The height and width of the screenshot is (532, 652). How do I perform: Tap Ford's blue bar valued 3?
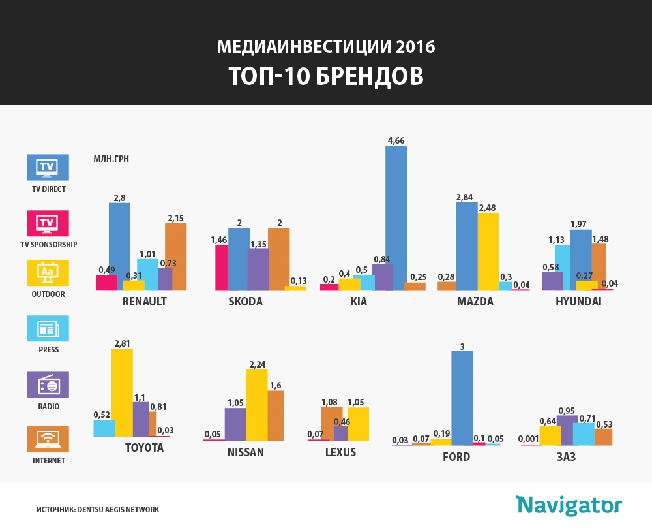point(462,398)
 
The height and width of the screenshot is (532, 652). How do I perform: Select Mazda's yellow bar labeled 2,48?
point(488,251)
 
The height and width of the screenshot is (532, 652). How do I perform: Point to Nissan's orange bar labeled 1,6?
point(276,416)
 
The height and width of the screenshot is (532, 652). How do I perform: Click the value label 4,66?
point(396,140)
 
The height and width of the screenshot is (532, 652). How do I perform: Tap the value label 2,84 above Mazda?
point(466,196)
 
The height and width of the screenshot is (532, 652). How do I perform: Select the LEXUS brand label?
point(340,452)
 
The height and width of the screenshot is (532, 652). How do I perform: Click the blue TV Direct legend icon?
point(47,167)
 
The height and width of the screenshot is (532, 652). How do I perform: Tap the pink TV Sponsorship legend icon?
point(47,223)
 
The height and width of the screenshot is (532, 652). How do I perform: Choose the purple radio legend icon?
point(47,384)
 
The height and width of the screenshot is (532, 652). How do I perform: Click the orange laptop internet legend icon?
point(47,439)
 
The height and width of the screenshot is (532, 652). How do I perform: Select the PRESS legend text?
point(48,350)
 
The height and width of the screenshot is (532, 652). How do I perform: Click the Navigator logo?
point(569,505)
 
